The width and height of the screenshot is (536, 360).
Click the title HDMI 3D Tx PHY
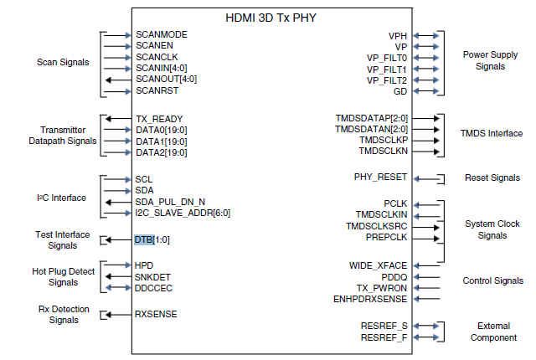coord(282,17)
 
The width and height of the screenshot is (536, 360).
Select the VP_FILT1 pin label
coord(386,69)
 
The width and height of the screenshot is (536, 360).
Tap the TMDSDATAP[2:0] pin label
coord(371,119)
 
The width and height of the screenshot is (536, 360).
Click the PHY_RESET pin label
coord(381,177)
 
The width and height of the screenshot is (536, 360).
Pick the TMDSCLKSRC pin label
coord(376,226)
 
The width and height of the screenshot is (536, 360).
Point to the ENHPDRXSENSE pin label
coord(369,298)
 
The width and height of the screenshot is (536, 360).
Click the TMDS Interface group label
coord(492,133)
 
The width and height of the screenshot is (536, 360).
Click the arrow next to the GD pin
coord(425,90)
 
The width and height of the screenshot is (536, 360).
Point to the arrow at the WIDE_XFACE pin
coord(425,265)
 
